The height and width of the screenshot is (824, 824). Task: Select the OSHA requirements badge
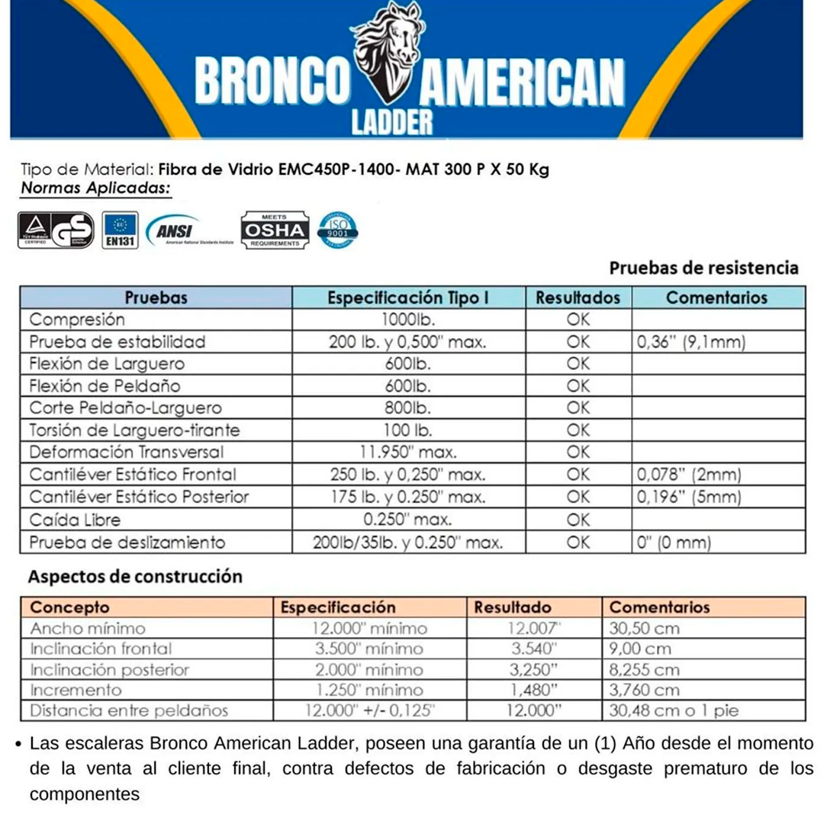coord(275,230)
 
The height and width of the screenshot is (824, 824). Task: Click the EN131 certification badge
coord(120,230)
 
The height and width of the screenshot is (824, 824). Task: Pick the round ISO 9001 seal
coord(338,228)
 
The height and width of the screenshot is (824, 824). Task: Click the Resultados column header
coord(578,298)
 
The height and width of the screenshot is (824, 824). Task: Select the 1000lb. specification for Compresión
coord(408,320)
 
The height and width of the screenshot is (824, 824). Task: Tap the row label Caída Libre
coord(75,520)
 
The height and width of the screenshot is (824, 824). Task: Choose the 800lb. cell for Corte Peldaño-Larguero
coord(408,408)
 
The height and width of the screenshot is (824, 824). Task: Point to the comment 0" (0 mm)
coord(674,543)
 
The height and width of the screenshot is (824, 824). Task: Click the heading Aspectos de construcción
coord(135,576)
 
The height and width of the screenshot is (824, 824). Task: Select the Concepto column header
coord(70,607)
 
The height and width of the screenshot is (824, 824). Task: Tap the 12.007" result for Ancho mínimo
coord(534,629)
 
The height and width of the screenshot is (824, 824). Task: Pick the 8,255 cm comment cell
coord(645,670)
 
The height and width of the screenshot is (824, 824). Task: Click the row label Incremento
coord(76,690)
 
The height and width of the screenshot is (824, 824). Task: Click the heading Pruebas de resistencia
coord(703,268)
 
